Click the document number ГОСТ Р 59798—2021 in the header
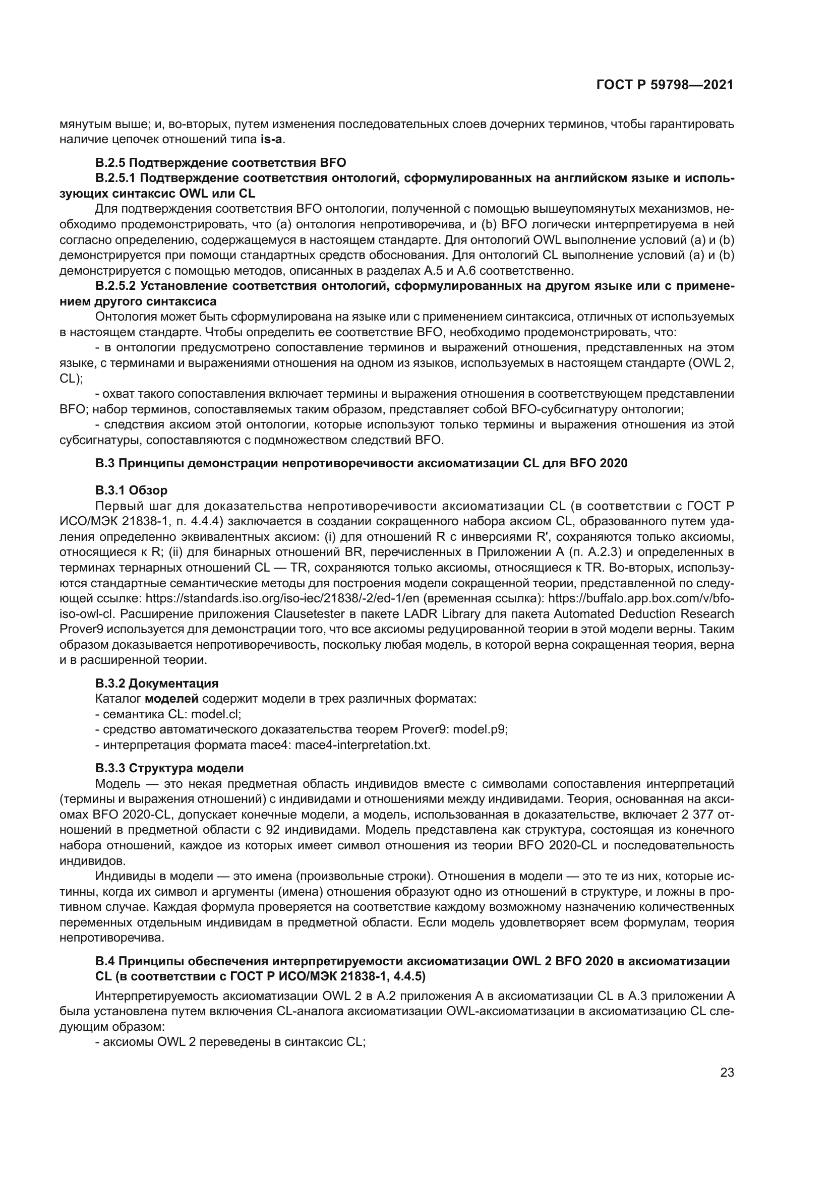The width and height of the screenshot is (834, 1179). [x=665, y=85]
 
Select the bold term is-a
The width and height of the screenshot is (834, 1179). [x=272, y=139]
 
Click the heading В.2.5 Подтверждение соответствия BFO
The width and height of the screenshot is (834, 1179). [x=220, y=163]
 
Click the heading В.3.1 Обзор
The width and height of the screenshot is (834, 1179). [x=131, y=490]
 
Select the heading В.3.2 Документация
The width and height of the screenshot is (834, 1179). [x=157, y=684]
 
